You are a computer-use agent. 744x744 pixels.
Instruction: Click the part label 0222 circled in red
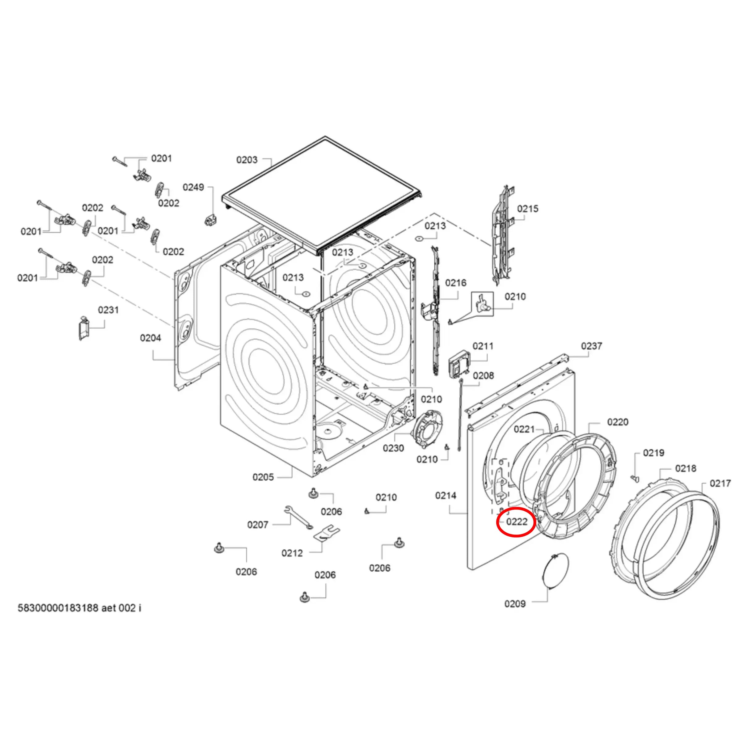coord(516,522)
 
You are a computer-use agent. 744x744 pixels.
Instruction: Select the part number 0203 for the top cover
coord(247,160)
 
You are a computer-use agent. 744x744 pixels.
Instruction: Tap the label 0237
coord(591,346)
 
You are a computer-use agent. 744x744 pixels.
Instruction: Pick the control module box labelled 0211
coord(459,366)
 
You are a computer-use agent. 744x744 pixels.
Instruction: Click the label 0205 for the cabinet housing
coord(263,477)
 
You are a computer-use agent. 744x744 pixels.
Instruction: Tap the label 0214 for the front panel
coord(446,495)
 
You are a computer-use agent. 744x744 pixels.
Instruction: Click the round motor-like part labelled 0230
coord(426,430)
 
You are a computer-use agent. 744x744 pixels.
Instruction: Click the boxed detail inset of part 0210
coord(482,304)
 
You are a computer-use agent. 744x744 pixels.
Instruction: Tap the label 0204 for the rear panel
coord(150,338)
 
